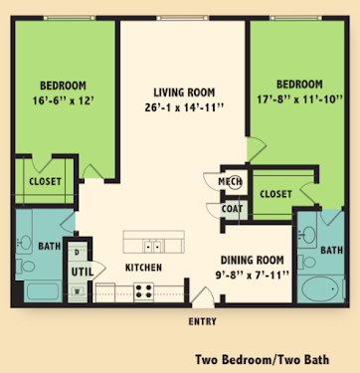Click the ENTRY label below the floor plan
coord(202,321)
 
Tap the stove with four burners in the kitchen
coord(143,291)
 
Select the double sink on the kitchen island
coord(153,247)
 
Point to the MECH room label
coord(230,182)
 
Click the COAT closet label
coord(232,209)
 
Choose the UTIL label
coord(83,273)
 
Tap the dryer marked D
coord(77,253)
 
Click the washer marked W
coord(77,291)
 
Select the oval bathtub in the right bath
coord(320,289)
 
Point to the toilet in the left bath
coord(26,266)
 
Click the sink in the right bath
coord(308,234)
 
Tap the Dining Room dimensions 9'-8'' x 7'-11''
coord(253,276)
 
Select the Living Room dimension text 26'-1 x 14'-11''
coord(184,107)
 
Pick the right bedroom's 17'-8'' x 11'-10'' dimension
coord(299,99)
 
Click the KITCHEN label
coord(143,268)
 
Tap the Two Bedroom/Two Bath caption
coord(263,359)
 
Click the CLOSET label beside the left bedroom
coord(45,181)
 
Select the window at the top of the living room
coord(183,18)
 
